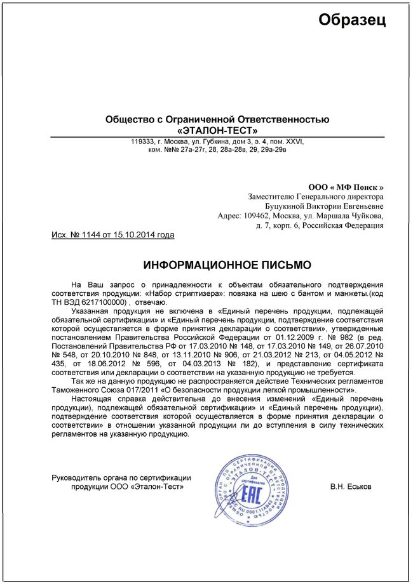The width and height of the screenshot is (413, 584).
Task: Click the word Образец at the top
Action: (352, 20)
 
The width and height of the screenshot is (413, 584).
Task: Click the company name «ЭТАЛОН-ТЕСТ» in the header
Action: (217, 130)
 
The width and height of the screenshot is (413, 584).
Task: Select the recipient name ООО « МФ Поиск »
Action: (346, 187)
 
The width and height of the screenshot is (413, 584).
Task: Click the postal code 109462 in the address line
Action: (257, 216)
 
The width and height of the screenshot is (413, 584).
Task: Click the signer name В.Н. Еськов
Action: (351, 486)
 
